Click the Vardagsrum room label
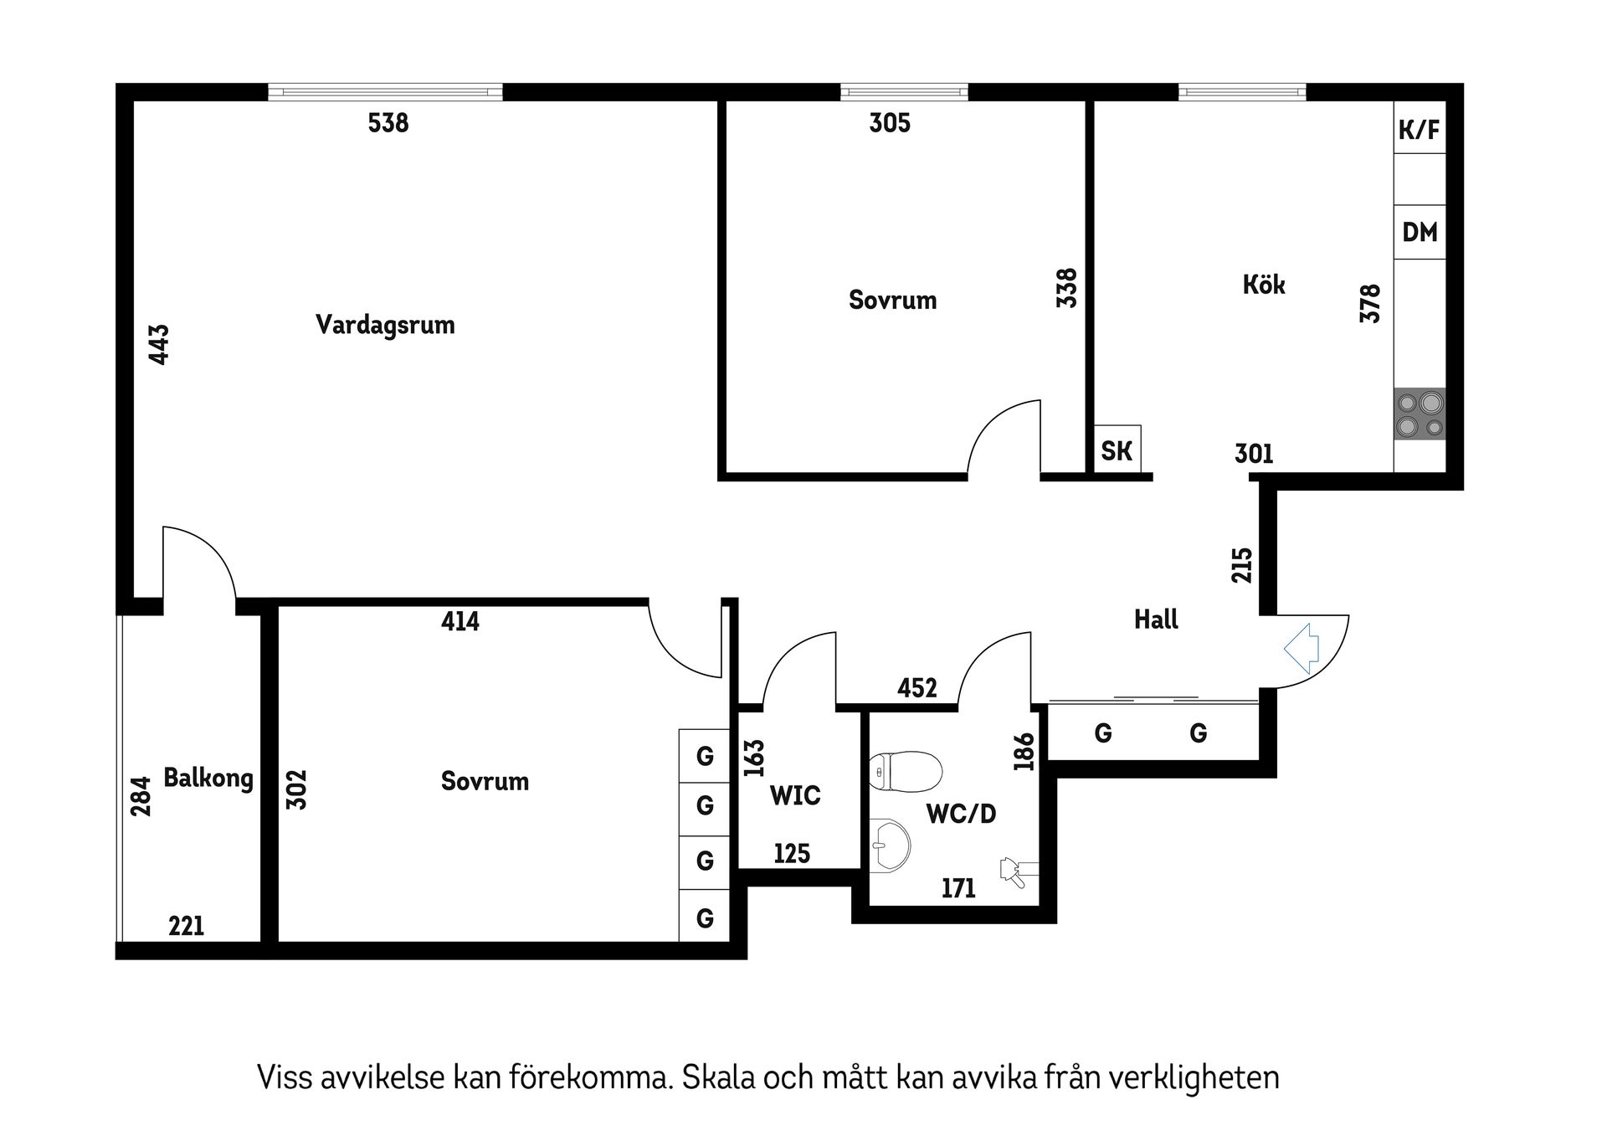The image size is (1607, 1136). pyautogui.click(x=385, y=325)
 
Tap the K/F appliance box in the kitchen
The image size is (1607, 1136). pyautogui.click(x=1420, y=129)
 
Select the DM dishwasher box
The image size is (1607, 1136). pyautogui.click(x=1420, y=232)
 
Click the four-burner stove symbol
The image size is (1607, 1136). pyautogui.click(x=1420, y=414)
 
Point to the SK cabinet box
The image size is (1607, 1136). pyautogui.click(x=1117, y=451)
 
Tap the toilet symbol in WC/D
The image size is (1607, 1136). pyautogui.click(x=906, y=771)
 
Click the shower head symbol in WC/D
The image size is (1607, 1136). pyautogui.click(x=1014, y=871)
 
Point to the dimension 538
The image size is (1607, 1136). pyautogui.click(x=388, y=123)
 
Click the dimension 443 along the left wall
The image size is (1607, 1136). pyautogui.click(x=159, y=344)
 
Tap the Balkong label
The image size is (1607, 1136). pyautogui.click(x=208, y=778)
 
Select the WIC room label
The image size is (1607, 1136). pyautogui.click(x=795, y=795)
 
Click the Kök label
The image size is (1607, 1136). pyautogui.click(x=1264, y=285)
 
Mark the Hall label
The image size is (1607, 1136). pyautogui.click(x=1156, y=619)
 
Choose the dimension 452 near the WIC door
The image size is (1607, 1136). pyautogui.click(x=916, y=688)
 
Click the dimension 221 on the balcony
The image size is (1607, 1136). pyautogui.click(x=186, y=926)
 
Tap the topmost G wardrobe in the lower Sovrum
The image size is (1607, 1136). pyautogui.click(x=705, y=756)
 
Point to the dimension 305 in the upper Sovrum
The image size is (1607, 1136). pyautogui.click(x=890, y=123)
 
